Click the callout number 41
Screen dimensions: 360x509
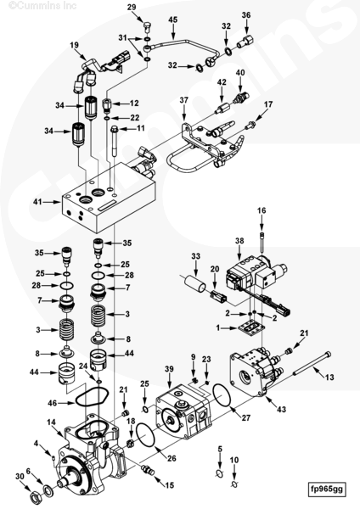(37, 202)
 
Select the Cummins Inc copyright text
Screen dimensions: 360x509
(42, 5)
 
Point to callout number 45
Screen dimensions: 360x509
(173, 20)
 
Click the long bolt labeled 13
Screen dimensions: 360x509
(312, 364)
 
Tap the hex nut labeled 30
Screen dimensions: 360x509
(35, 496)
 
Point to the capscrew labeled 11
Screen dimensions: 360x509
(115, 143)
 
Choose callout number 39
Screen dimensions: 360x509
(169, 369)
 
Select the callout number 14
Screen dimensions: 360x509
(51, 422)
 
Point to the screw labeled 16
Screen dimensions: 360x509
(262, 242)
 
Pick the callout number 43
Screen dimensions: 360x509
(281, 409)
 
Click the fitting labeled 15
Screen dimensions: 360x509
(148, 470)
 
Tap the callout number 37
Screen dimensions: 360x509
(184, 100)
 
